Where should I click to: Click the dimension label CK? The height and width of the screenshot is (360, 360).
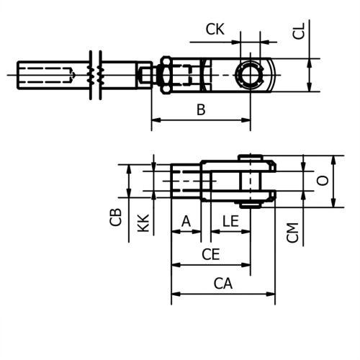pos(215,30)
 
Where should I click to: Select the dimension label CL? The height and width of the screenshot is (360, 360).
pos(300,30)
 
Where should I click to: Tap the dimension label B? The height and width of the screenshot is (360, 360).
pos(201,110)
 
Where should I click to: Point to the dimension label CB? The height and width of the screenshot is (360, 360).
pos(116,217)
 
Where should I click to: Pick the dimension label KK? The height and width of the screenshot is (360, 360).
pos(143,222)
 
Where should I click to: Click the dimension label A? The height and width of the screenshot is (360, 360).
pos(186,221)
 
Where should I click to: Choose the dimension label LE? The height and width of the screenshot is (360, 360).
pos(230,221)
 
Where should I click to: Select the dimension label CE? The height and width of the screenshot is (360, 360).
pos(210,254)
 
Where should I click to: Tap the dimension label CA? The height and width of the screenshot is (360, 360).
pos(222,284)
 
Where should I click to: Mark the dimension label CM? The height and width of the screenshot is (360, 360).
pos(292,232)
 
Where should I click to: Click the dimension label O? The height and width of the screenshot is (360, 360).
pos(323,180)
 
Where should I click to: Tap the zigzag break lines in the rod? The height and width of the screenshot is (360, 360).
pos(95,75)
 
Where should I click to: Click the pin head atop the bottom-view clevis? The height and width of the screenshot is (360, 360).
pos(251,158)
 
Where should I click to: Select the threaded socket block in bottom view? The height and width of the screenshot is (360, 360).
pos(186,181)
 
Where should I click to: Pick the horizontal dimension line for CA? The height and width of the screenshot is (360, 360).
pos(222,294)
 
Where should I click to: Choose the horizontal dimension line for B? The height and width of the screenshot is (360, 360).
pos(201,120)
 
